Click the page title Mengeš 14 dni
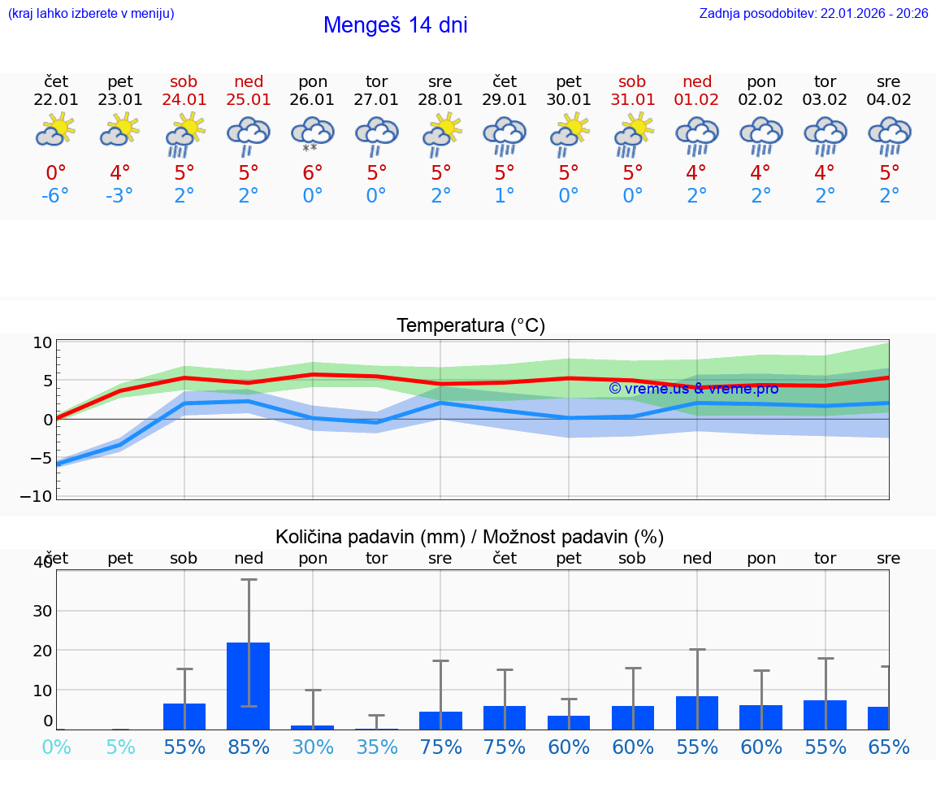(x=395, y=25)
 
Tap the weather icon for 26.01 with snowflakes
(x=313, y=134)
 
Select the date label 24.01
(x=184, y=100)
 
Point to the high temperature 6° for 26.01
(x=313, y=173)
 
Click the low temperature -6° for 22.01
(x=55, y=196)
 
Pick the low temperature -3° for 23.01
(x=119, y=196)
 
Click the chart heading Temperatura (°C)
(x=470, y=325)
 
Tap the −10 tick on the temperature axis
(x=42, y=495)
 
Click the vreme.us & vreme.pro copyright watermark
(x=694, y=389)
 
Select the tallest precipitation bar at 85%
(x=249, y=685)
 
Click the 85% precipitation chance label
(x=249, y=747)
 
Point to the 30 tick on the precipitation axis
(x=42, y=610)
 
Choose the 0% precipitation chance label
(x=55, y=747)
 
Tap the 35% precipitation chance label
(x=377, y=747)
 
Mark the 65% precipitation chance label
(x=889, y=747)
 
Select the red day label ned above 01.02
(x=697, y=81)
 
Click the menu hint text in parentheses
(x=91, y=14)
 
